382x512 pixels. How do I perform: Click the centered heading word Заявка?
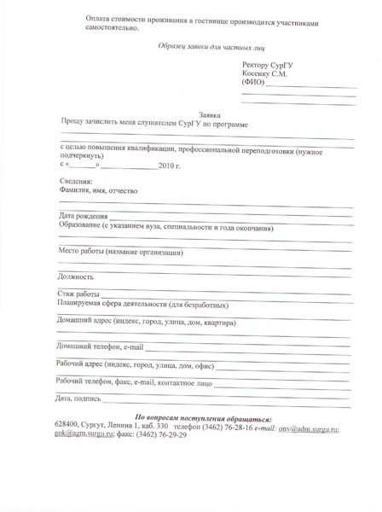(x=210, y=114)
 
